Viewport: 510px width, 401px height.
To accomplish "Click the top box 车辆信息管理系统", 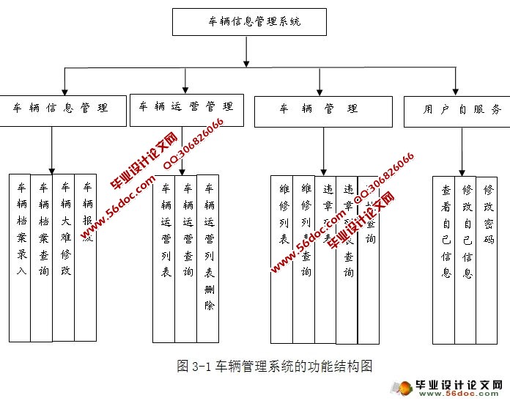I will click(247, 21).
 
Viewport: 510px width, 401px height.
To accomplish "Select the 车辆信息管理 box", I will click(61, 108).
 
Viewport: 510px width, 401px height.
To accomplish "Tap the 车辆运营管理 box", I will click(186, 106).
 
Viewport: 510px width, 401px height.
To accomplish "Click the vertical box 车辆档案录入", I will click(21, 257).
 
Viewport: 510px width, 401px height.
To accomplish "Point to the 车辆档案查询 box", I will click(42, 257).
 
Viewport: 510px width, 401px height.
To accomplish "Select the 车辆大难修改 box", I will click(64, 257).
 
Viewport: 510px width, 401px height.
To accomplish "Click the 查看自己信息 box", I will click(444, 260).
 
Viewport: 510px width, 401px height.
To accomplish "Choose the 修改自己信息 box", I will click(465, 260).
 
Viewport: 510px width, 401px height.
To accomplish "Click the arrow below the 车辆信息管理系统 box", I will click(247, 50).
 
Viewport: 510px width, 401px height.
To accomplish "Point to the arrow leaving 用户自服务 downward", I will click(460, 150).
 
